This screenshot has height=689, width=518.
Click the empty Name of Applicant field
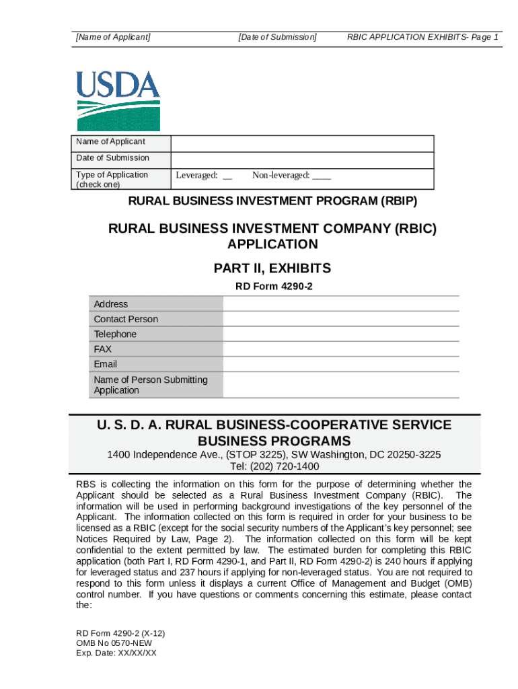pyautogui.click(x=302, y=143)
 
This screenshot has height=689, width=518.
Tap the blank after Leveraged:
pyautogui.click(x=227, y=177)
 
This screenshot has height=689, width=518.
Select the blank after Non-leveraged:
pyautogui.click(x=322, y=177)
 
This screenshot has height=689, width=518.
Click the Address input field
pyautogui.click(x=341, y=304)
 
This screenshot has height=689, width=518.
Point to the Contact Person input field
pyautogui.click(x=341, y=319)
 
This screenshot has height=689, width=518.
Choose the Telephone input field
pyautogui.click(x=341, y=334)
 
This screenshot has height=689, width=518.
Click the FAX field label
pyautogui.click(x=103, y=349)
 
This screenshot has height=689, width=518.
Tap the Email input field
pyautogui.click(x=341, y=364)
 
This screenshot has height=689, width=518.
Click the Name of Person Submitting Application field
pyautogui.click(x=341, y=385)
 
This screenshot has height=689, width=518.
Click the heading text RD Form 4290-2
pyautogui.click(x=273, y=287)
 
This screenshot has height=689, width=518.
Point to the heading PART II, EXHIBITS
pyautogui.click(x=272, y=268)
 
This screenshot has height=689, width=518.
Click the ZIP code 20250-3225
pyautogui.click(x=408, y=455)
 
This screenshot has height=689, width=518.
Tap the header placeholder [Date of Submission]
pyautogui.click(x=277, y=38)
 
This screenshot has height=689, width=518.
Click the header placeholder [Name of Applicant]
pyautogui.click(x=113, y=38)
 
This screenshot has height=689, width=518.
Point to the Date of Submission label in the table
pyautogui.click(x=112, y=158)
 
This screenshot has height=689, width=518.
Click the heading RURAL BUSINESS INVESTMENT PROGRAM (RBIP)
pyautogui.click(x=272, y=201)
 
